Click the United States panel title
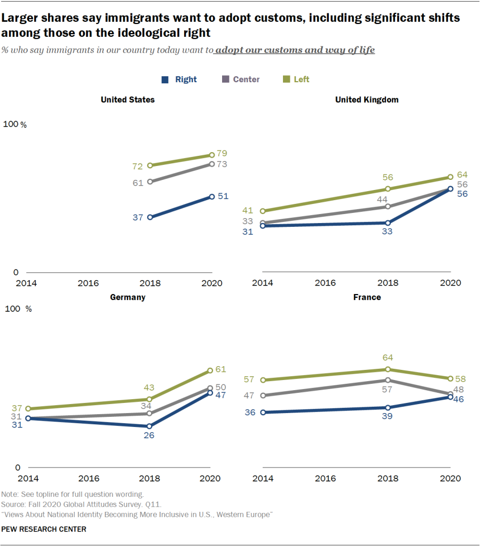click(x=128, y=99)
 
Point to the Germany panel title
click(x=128, y=297)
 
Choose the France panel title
click(x=367, y=297)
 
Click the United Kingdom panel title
click(x=367, y=99)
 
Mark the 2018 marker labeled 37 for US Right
click(x=150, y=217)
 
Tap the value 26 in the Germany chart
click(x=149, y=435)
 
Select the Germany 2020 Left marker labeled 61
click(x=210, y=370)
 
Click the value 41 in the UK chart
click(x=248, y=211)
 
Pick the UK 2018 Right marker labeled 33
click(x=388, y=223)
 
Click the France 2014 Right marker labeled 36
click(x=262, y=412)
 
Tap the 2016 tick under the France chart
click(x=326, y=479)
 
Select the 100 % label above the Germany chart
click(x=18, y=309)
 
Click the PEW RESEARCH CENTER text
click(x=44, y=529)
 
